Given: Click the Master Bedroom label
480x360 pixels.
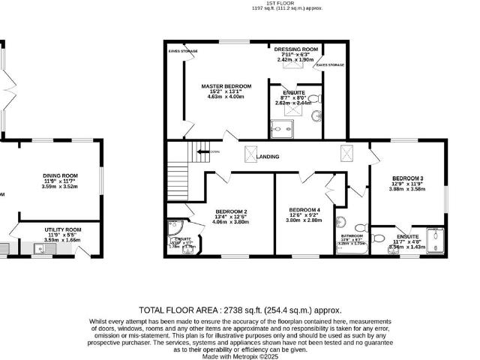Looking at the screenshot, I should (x=226, y=86).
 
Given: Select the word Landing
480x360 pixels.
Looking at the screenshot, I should (x=268, y=157).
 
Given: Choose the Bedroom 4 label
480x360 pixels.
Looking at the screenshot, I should (x=305, y=208).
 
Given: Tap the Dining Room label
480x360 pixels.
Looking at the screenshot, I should (x=61, y=176).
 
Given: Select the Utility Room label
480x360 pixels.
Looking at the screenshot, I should (x=62, y=229).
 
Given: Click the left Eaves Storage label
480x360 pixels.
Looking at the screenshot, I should (x=184, y=51).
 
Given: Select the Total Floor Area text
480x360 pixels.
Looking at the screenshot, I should (x=240, y=309).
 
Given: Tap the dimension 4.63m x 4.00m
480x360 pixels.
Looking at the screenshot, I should (x=226, y=97).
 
